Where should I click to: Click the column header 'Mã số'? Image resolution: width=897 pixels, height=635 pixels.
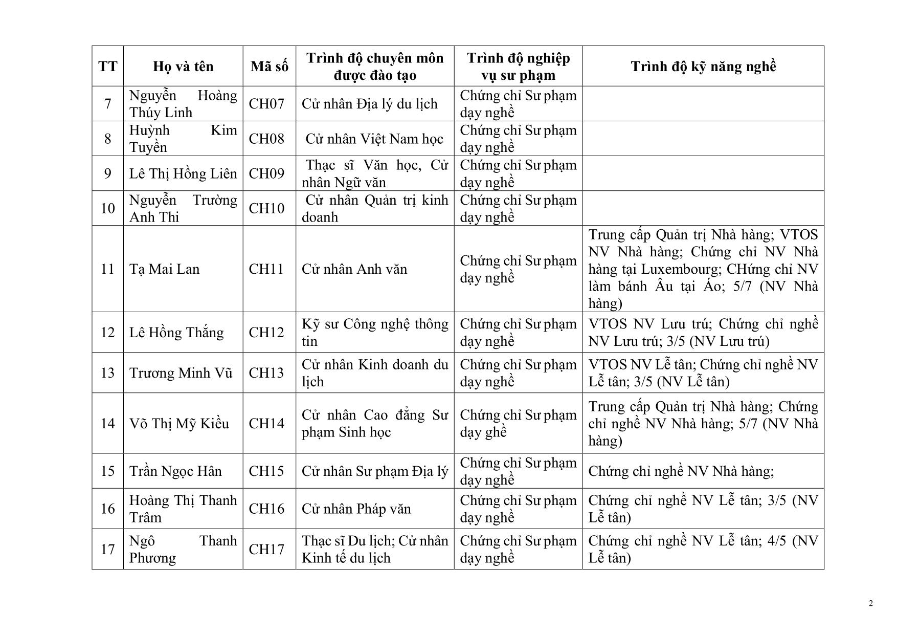(x=269, y=67)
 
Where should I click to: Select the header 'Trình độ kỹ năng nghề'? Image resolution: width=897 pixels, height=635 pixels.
(x=703, y=67)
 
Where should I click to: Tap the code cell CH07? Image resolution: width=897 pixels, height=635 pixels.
(x=266, y=104)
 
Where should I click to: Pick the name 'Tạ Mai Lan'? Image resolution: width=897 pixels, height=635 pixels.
(x=164, y=269)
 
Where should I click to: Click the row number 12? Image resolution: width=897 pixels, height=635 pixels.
(x=107, y=333)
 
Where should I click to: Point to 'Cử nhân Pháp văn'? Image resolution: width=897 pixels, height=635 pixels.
(x=356, y=509)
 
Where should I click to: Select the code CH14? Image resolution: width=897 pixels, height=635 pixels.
(x=266, y=424)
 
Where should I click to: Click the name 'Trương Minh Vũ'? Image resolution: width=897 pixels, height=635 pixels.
(x=181, y=373)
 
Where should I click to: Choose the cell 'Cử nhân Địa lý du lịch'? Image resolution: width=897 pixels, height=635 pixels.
(x=369, y=104)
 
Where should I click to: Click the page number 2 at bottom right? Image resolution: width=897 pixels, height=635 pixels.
(x=870, y=604)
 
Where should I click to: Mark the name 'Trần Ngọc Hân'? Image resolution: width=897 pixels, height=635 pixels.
(x=175, y=471)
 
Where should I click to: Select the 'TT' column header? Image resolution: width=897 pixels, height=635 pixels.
(x=107, y=67)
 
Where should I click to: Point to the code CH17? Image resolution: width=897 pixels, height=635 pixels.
(x=266, y=550)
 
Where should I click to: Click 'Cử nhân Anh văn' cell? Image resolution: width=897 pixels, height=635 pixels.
(x=354, y=269)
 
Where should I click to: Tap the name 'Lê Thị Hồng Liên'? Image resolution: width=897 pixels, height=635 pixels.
(x=183, y=173)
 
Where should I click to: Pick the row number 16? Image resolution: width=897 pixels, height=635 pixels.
(x=107, y=509)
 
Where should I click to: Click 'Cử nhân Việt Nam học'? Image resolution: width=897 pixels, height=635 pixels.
(x=374, y=139)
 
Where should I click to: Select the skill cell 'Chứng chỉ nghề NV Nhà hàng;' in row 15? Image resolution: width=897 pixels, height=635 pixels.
(x=681, y=471)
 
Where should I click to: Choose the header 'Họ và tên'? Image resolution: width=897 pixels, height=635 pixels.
(x=183, y=67)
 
